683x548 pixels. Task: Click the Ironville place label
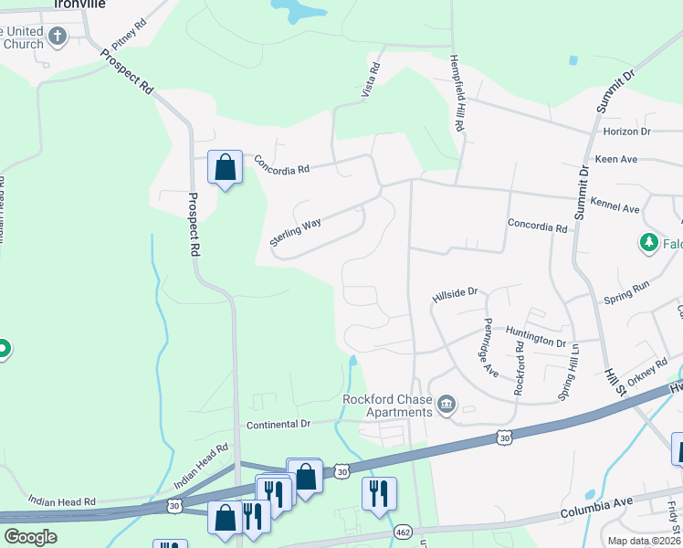[x=79, y=5]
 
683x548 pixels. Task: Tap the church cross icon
[x=58, y=37]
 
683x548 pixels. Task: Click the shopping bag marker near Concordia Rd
[x=225, y=167]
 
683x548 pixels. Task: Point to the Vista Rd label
[x=373, y=80]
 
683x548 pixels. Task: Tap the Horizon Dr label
[x=626, y=132]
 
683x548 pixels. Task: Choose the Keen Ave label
[x=615, y=159]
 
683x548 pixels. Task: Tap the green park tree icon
[x=648, y=243]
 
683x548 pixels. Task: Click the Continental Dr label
[x=278, y=424]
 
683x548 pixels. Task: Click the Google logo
[x=31, y=537]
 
